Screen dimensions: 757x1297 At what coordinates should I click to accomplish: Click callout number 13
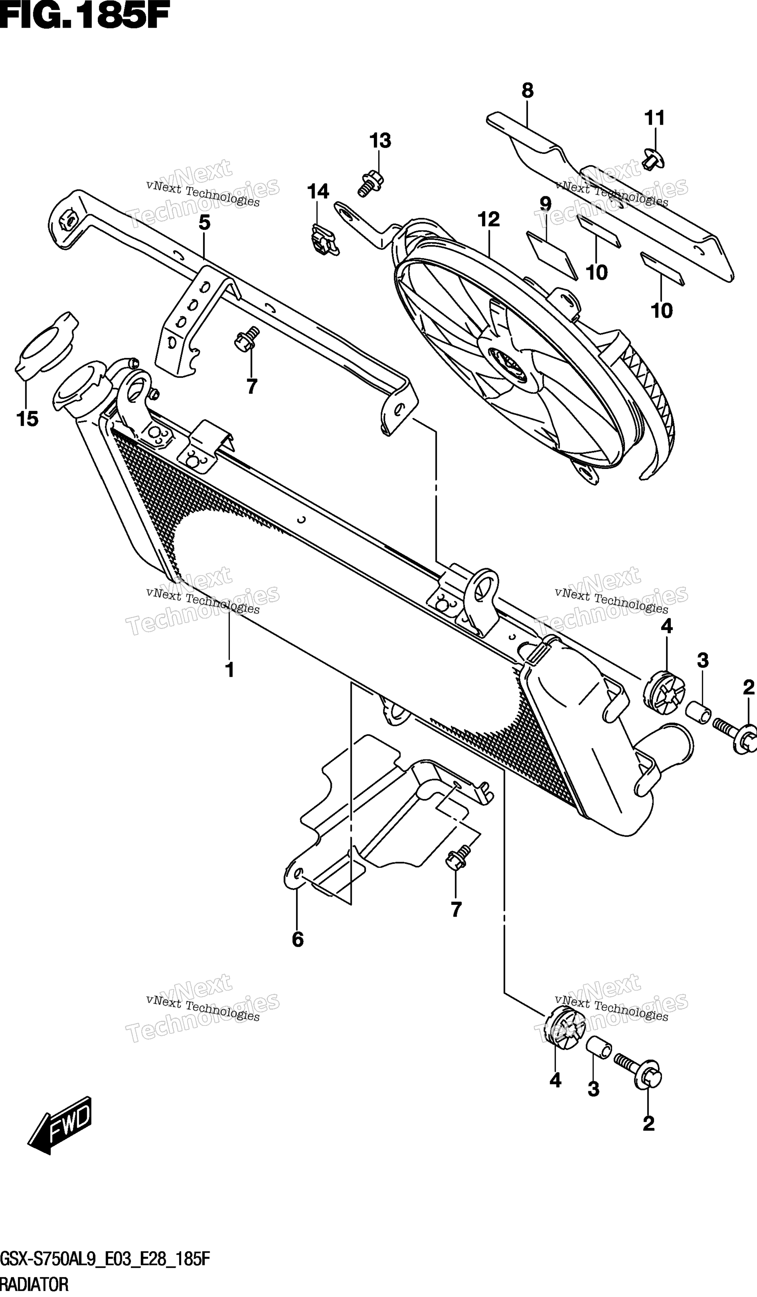(x=380, y=141)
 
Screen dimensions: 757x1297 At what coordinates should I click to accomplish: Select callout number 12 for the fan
(x=488, y=220)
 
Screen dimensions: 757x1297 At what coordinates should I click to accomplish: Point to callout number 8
(x=527, y=91)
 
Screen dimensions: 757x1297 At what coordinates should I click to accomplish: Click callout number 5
(x=204, y=223)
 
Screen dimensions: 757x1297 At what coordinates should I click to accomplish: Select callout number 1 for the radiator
(x=230, y=670)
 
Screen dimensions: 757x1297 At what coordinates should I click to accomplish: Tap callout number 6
(x=298, y=940)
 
